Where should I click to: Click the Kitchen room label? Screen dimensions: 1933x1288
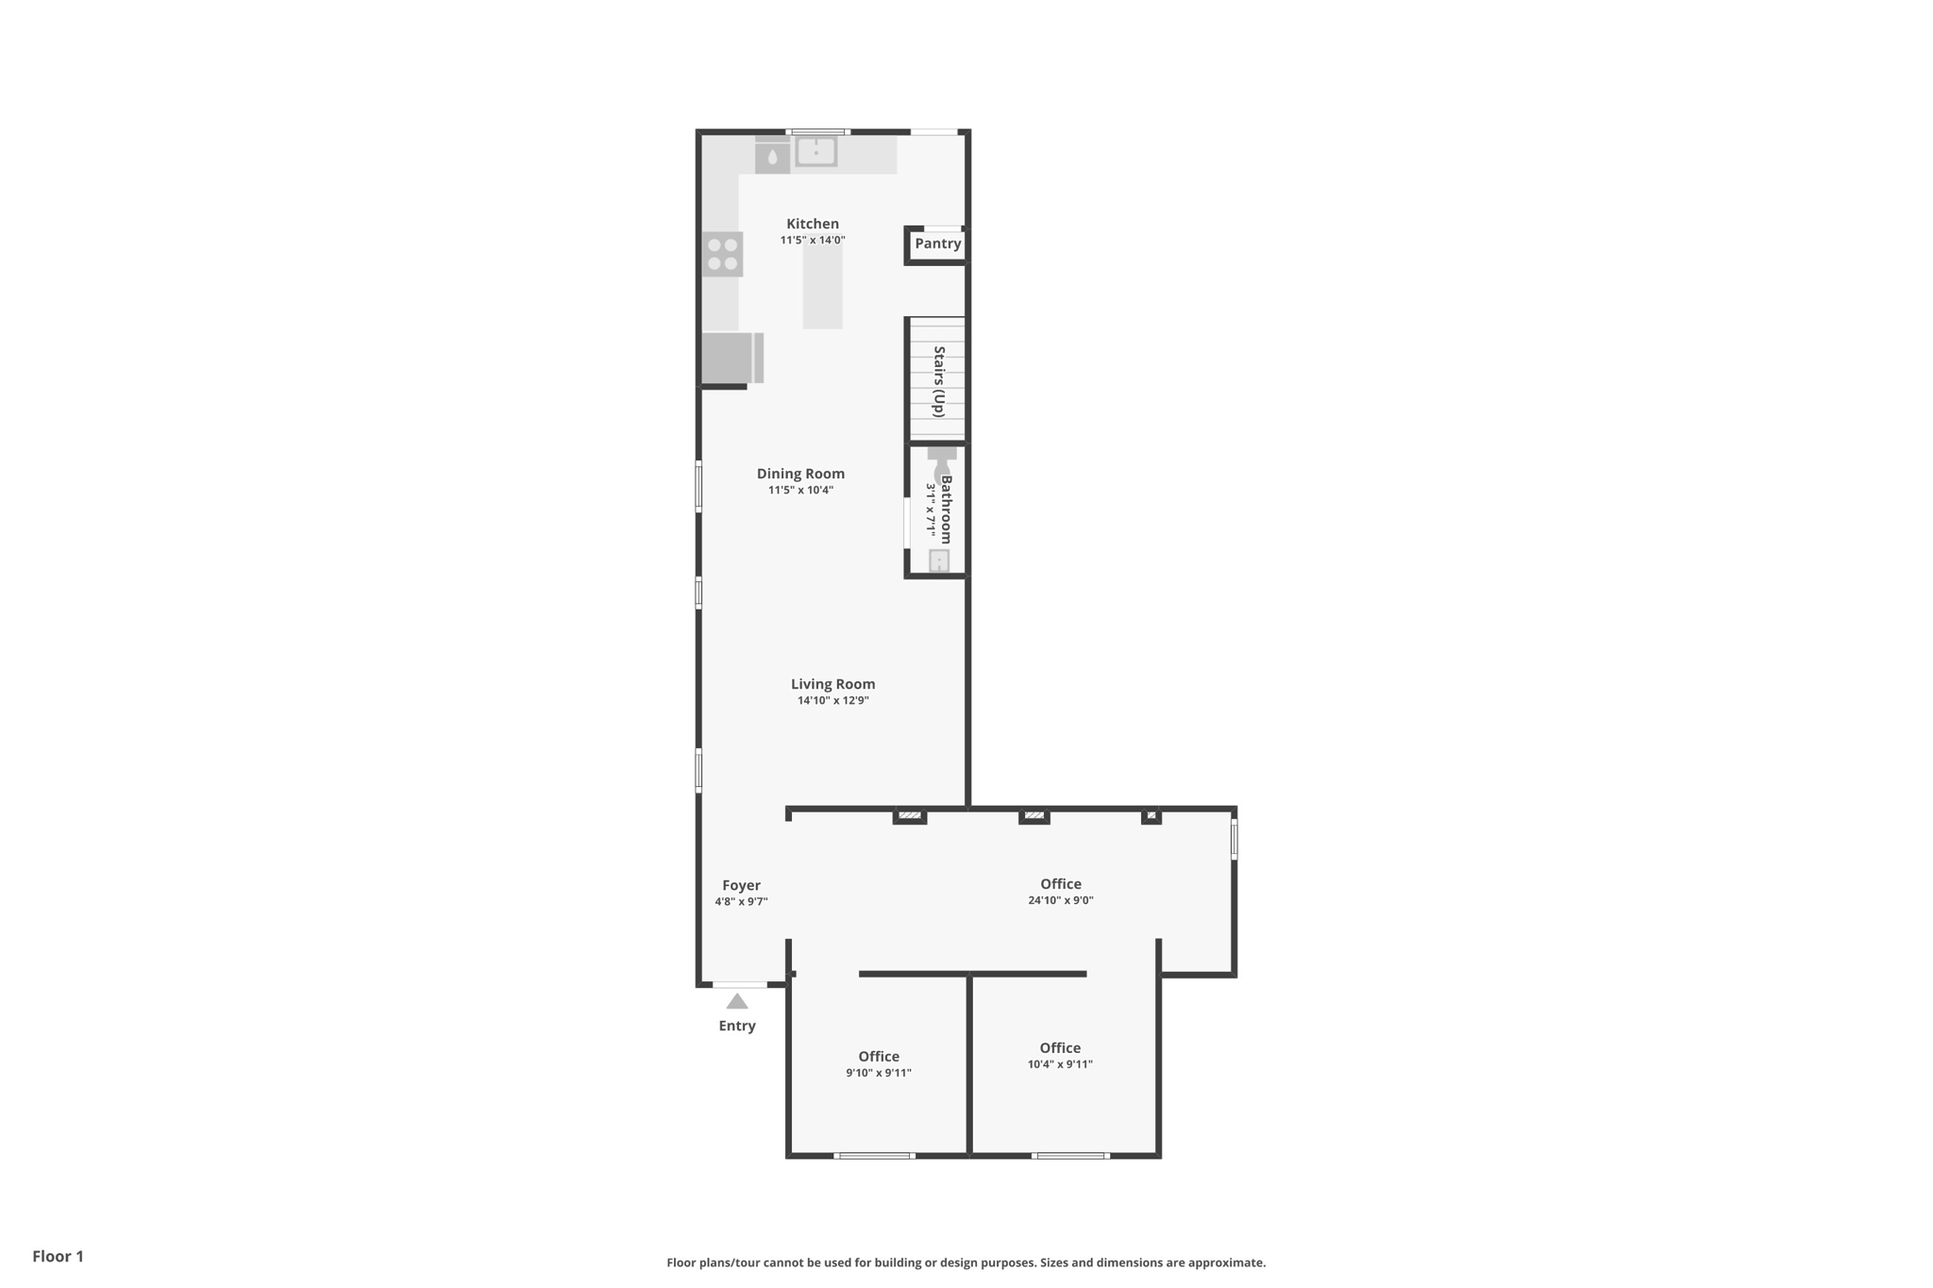(x=813, y=224)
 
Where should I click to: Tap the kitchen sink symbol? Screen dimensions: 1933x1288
(x=816, y=151)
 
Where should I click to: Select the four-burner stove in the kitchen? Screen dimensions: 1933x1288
(x=722, y=254)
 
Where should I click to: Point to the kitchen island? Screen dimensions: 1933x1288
(x=822, y=287)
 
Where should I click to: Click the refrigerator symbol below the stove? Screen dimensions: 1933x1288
(x=732, y=358)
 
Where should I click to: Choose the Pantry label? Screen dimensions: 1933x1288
(x=937, y=243)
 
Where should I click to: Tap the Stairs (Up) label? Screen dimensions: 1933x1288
(x=939, y=381)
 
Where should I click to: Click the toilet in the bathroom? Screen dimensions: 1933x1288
(x=942, y=462)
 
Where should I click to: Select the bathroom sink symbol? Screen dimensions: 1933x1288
(x=939, y=561)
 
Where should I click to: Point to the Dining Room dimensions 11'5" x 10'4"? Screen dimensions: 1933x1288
(x=800, y=490)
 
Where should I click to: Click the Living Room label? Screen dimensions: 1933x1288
(x=832, y=684)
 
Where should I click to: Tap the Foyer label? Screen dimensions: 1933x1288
(x=741, y=885)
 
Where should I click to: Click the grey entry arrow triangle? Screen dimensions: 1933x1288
(x=737, y=1001)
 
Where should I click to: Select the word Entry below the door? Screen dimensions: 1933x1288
(x=737, y=1026)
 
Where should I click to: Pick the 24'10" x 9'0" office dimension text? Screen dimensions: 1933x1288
(x=1061, y=900)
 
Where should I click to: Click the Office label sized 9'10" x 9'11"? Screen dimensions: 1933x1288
(x=879, y=1057)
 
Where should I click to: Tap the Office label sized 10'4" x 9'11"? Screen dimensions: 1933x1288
(x=1060, y=1048)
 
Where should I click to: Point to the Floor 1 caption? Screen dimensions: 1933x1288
(x=58, y=1256)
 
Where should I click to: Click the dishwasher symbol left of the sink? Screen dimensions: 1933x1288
(x=772, y=155)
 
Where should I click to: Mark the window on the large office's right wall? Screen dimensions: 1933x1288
(x=1234, y=838)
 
